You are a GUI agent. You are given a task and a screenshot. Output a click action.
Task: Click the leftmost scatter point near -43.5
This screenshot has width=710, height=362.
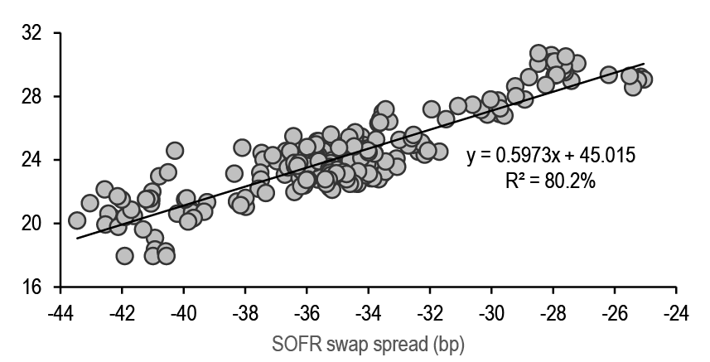point(77,220)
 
